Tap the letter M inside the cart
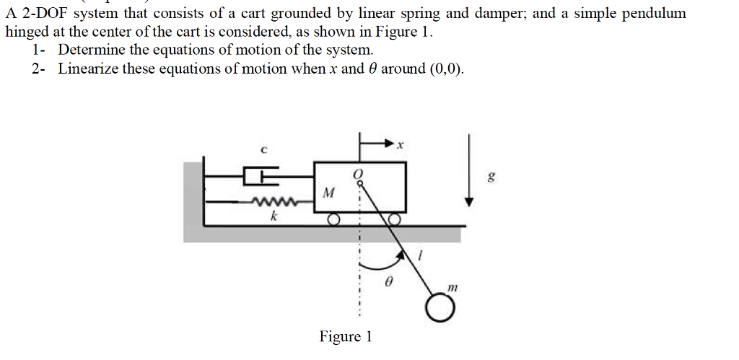coord(329,193)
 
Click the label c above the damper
coord(264,150)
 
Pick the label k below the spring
coord(274,216)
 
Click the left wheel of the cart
coord(333,219)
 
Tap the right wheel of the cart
coord(394,219)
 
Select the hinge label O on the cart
coord(357,174)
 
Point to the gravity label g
coord(491,177)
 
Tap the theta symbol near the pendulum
coord(387,284)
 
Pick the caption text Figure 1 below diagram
coord(346,337)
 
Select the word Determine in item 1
coord(92,51)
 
